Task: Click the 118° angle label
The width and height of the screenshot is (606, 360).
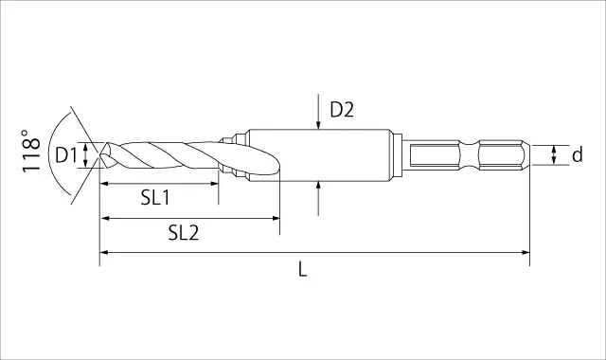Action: (x=31, y=151)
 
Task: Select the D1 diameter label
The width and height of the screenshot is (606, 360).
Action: (x=67, y=155)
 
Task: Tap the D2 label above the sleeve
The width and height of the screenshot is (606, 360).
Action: (x=342, y=110)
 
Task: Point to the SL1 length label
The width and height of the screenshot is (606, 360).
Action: (x=155, y=198)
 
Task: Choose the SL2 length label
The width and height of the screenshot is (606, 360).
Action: (x=184, y=233)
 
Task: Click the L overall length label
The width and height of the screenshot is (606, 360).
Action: (x=303, y=269)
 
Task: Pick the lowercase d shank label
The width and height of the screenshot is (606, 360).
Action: (x=577, y=154)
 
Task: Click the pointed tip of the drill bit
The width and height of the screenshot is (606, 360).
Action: (x=100, y=155)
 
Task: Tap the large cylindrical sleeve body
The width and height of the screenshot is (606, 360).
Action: (x=318, y=155)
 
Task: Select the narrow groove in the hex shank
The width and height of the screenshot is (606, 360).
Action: (x=470, y=155)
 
